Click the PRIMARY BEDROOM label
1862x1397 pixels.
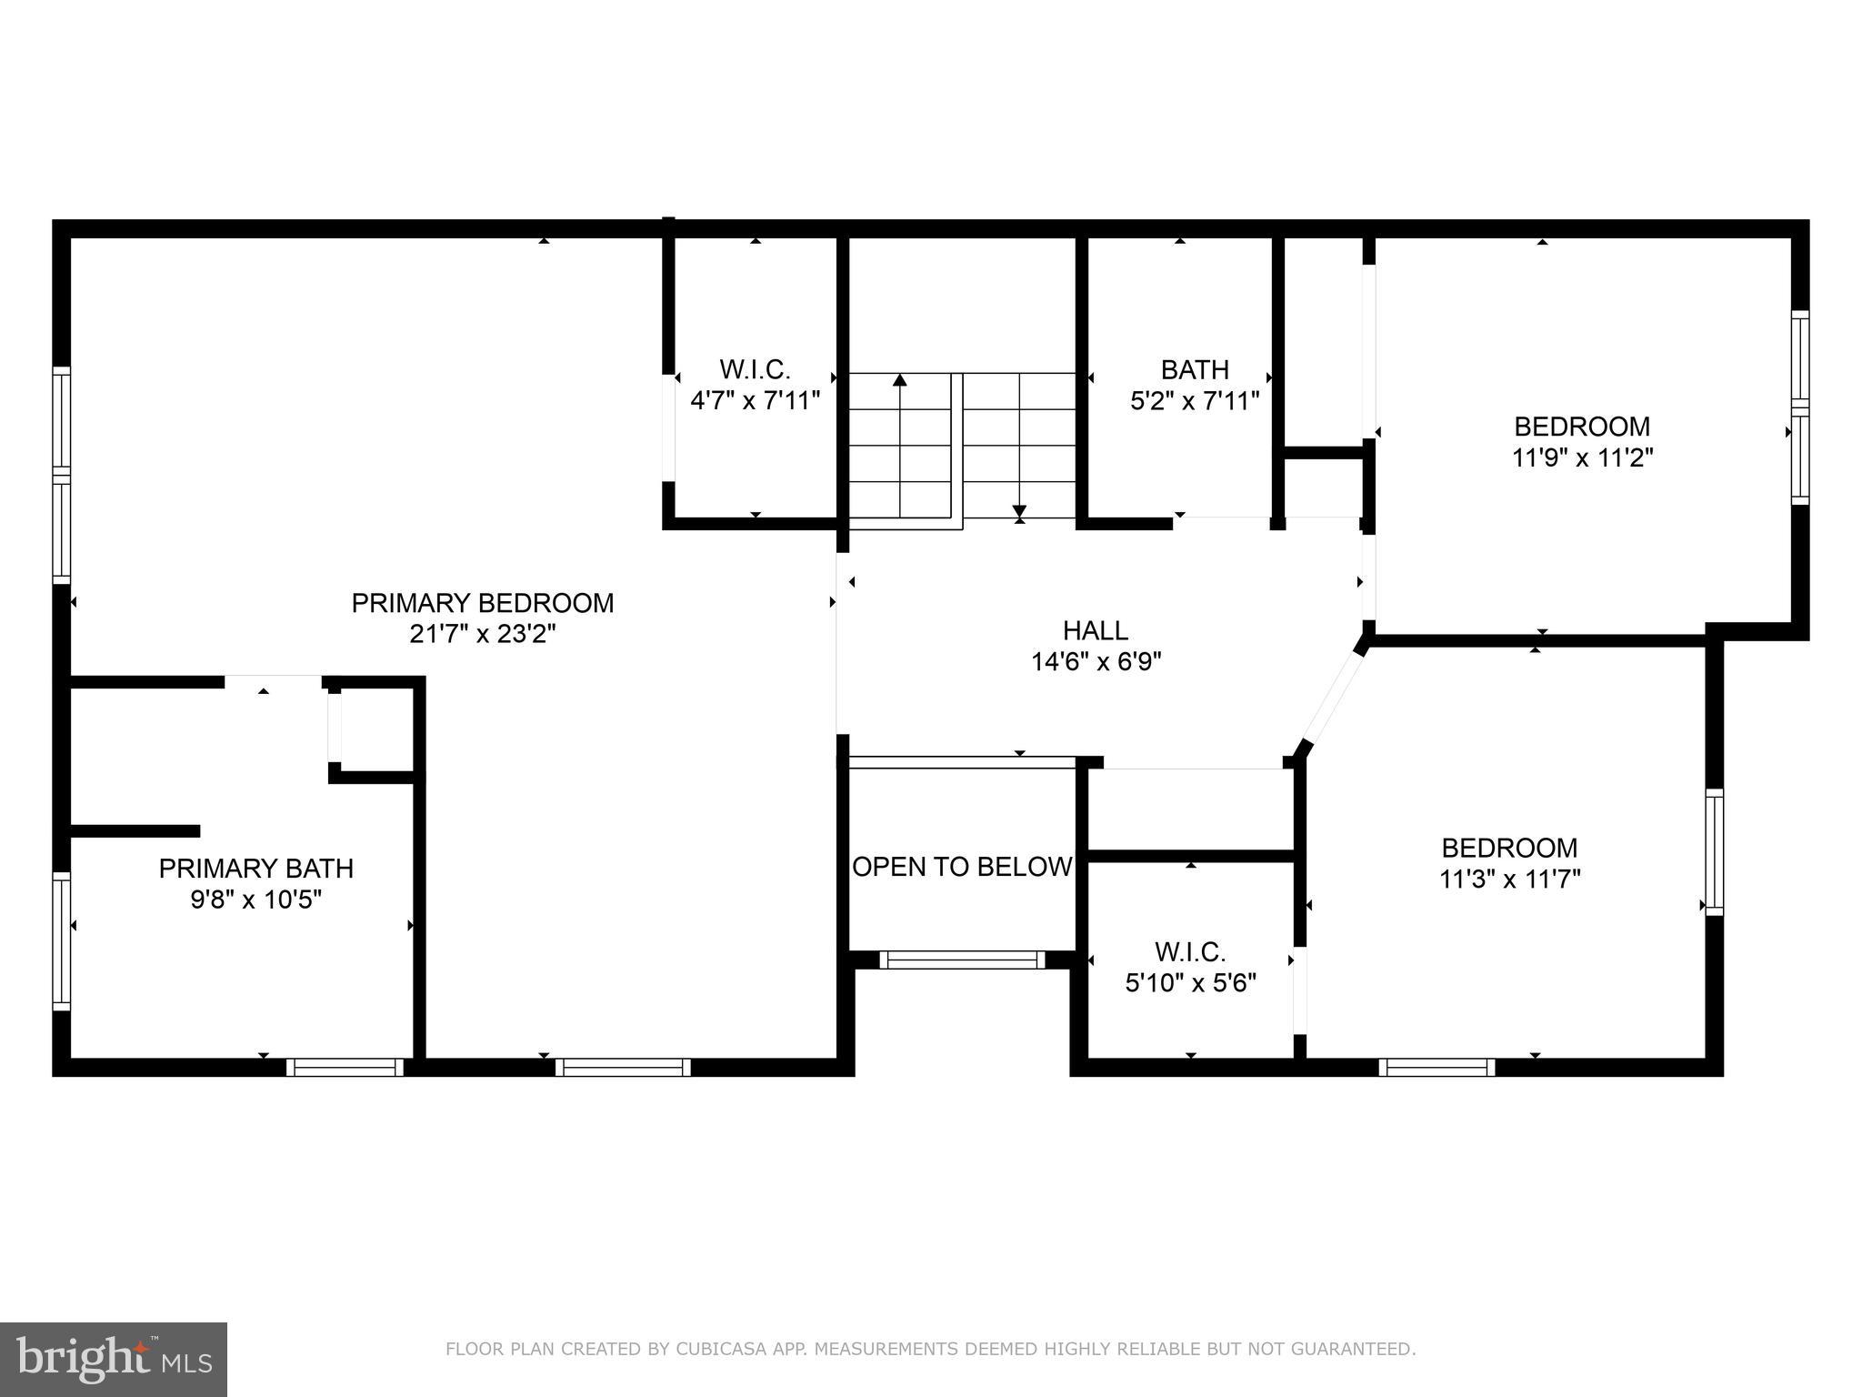[x=483, y=603]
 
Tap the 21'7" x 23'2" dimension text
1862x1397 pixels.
[x=483, y=634]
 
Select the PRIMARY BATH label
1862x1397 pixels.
[x=256, y=869]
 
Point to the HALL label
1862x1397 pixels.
[x=1096, y=630]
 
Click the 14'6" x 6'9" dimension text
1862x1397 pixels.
[x=1096, y=661]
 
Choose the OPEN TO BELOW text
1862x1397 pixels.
[x=962, y=867]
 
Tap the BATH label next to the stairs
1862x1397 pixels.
[x=1195, y=370]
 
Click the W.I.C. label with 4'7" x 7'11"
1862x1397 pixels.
[x=755, y=370]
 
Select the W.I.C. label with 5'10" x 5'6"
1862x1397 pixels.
[x=1190, y=952]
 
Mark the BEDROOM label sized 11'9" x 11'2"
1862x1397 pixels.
[x=1582, y=427]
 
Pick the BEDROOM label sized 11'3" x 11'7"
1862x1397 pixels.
[x=1509, y=849]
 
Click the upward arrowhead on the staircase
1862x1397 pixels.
[x=900, y=380]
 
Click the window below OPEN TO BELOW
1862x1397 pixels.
[x=962, y=960]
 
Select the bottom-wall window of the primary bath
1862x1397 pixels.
[x=345, y=1068]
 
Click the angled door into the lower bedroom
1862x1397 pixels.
[x=1334, y=697]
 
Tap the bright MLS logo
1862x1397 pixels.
[x=114, y=1360]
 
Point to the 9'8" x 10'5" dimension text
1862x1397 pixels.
[x=256, y=900]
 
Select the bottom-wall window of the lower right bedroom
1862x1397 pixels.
[x=1437, y=1068]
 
